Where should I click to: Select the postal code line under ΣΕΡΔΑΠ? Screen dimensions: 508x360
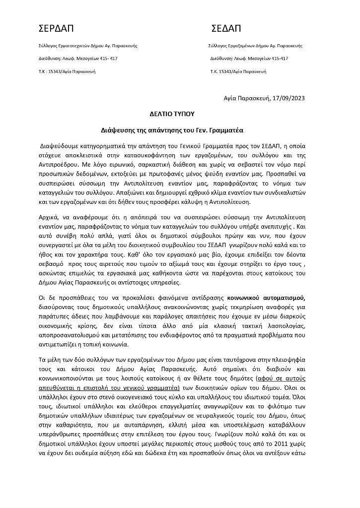[67, 71]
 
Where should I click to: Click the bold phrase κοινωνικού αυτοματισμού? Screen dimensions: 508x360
[270, 298]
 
